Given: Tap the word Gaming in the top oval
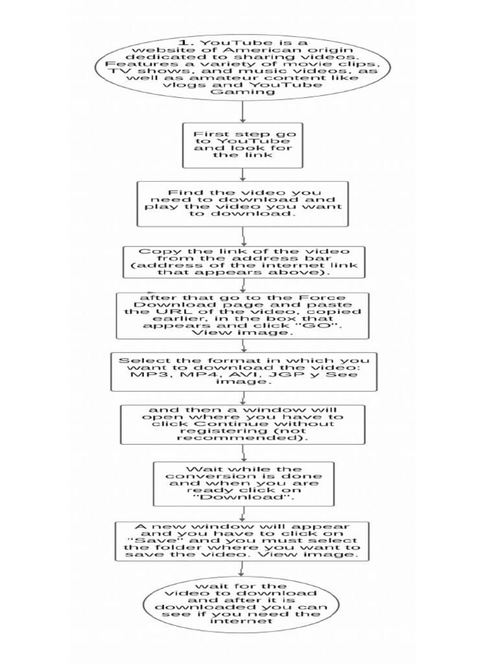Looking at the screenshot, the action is coord(243,91).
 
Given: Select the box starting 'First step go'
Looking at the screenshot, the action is coord(243,145).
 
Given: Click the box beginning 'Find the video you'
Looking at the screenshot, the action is coord(243,203).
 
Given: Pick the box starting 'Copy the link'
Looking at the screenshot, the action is coord(243,262).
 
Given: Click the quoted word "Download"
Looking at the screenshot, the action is coord(243,497).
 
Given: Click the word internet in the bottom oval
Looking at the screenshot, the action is coord(243,621).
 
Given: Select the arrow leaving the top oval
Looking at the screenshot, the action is coord(243,111).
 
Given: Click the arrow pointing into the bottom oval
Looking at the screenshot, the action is coord(243,569).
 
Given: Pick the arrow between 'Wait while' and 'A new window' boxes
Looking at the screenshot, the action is coord(243,514).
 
